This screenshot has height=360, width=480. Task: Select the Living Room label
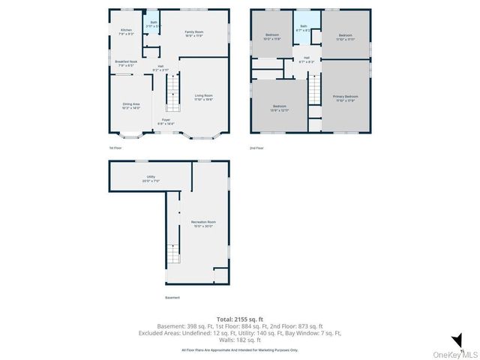(x=204, y=97)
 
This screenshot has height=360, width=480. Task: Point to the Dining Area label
(x=131, y=106)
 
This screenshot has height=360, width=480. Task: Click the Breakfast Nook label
(x=126, y=63)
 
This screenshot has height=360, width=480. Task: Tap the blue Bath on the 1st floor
(x=153, y=24)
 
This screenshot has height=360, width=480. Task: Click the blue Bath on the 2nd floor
(x=304, y=28)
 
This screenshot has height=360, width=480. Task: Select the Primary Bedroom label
(x=346, y=98)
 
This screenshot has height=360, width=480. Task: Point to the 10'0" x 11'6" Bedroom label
(x=271, y=37)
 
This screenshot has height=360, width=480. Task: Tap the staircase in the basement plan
(x=172, y=255)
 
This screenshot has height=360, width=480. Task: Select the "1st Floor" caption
(x=116, y=148)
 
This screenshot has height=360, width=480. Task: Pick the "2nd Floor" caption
(x=257, y=148)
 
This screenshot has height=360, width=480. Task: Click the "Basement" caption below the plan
(x=172, y=298)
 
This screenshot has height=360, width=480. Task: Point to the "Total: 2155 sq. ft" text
(x=239, y=319)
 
